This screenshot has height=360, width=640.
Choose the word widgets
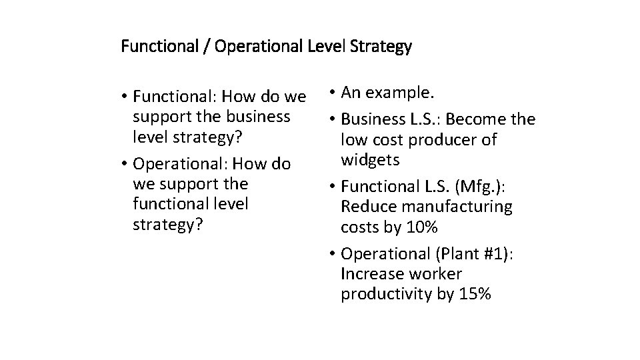(x=370, y=160)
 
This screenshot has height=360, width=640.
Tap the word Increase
(x=373, y=274)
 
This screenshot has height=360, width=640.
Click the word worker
(x=436, y=274)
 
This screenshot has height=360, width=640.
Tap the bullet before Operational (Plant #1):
(x=332, y=254)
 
